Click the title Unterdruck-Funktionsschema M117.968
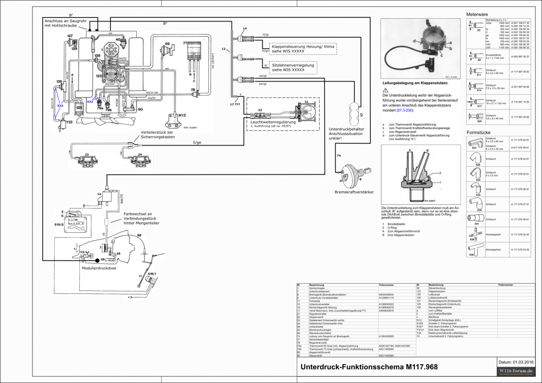click(x=369, y=367)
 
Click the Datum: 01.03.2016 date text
click(x=516, y=362)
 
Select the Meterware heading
click(x=477, y=14)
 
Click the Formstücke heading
click(x=478, y=132)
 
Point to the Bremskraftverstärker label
click(x=354, y=192)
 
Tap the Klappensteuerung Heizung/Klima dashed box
click(x=303, y=49)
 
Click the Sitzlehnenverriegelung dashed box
click(x=293, y=68)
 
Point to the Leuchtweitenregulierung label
click(x=273, y=122)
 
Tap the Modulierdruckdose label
click(x=99, y=268)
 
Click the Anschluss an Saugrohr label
click(x=65, y=23)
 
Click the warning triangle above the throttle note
click(x=385, y=90)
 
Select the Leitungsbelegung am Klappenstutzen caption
click(x=415, y=83)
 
